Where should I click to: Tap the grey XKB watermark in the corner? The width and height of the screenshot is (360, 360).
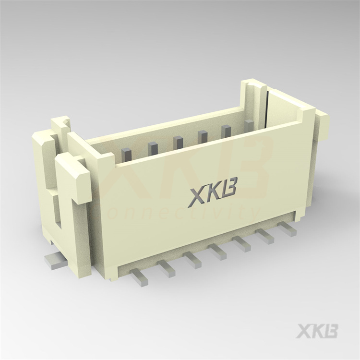pyautogui.click(x=317, y=332)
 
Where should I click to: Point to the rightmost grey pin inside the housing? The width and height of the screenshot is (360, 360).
pyautogui.click(x=249, y=126)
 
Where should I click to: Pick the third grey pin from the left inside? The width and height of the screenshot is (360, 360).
pyautogui.click(x=178, y=142)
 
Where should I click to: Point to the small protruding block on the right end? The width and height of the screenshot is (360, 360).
pyautogui.click(x=321, y=125)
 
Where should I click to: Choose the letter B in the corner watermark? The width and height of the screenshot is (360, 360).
pyautogui.click(x=331, y=332)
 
